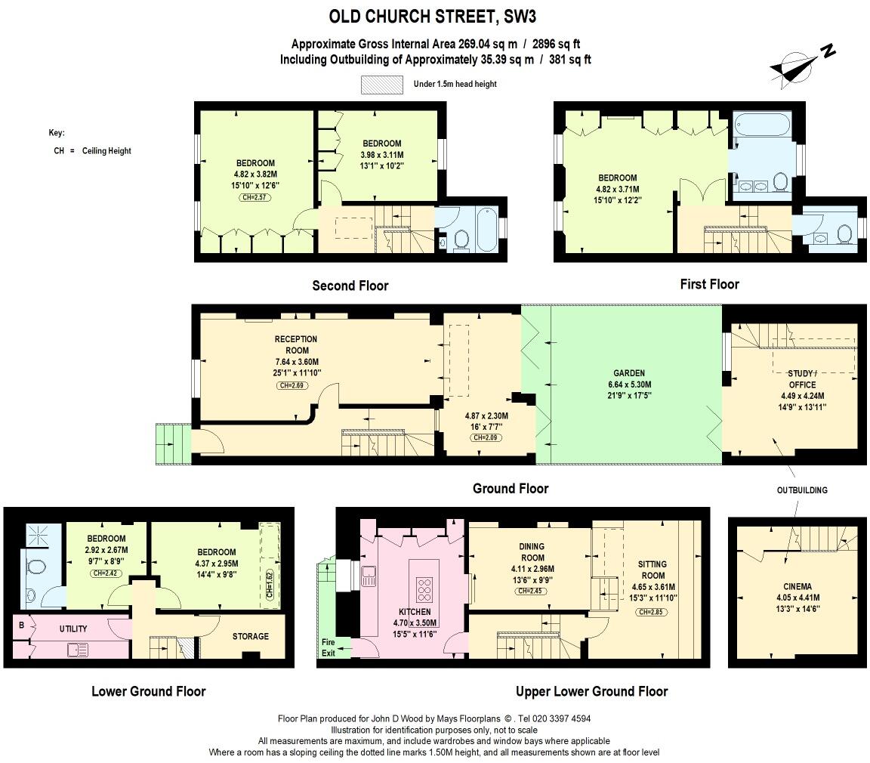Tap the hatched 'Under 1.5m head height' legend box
tap(381, 84)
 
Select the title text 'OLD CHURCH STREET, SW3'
tap(433, 16)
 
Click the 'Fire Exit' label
tap(328, 647)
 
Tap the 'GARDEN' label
tap(628, 373)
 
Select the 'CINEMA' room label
tap(797, 586)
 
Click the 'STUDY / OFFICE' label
tap(802, 378)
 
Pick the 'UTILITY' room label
tap(73, 629)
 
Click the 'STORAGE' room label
tap(250, 636)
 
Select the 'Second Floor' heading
tap(350, 286)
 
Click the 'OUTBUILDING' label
tap(802, 490)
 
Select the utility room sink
tap(78, 649)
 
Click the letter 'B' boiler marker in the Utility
tap(21, 625)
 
